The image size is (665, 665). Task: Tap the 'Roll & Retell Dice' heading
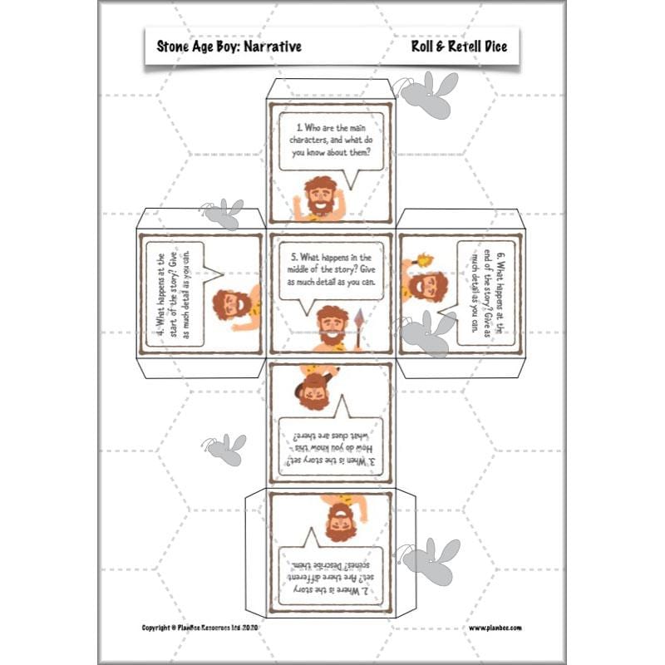[458, 47]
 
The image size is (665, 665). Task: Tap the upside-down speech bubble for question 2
[330, 572]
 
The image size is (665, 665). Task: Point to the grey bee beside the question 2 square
[430, 559]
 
